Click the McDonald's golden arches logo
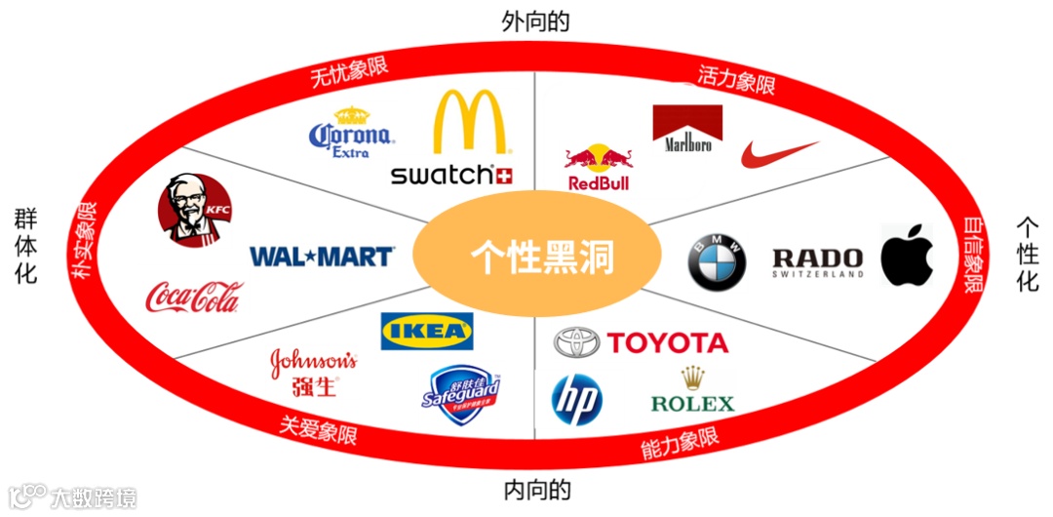click(472, 123)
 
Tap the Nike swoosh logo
click(778, 154)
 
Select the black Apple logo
click(907, 256)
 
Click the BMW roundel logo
click(717, 261)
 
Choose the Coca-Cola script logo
click(193, 297)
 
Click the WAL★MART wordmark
click(322, 257)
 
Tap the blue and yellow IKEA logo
click(427, 331)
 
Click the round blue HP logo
click(577, 400)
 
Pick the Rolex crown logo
click(692, 390)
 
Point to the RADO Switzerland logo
click(818, 261)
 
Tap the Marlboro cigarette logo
click(687, 129)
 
